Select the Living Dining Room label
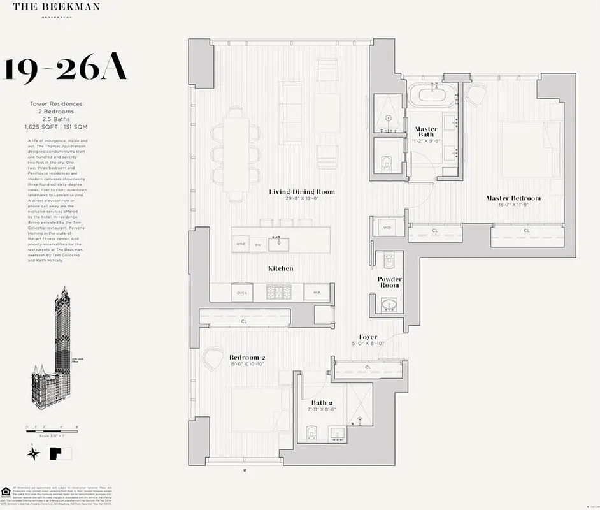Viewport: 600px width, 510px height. click(301, 192)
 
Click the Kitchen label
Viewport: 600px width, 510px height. click(280, 268)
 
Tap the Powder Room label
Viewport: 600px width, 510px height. click(389, 282)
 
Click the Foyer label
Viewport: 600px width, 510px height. click(368, 337)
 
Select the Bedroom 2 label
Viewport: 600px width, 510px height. click(246, 358)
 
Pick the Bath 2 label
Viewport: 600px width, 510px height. click(322, 403)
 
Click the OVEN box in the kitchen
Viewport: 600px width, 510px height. click(242, 292)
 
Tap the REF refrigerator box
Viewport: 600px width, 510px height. click(316, 292)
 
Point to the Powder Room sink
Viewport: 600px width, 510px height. click(389, 305)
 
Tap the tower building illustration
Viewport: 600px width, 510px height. click(56, 347)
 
